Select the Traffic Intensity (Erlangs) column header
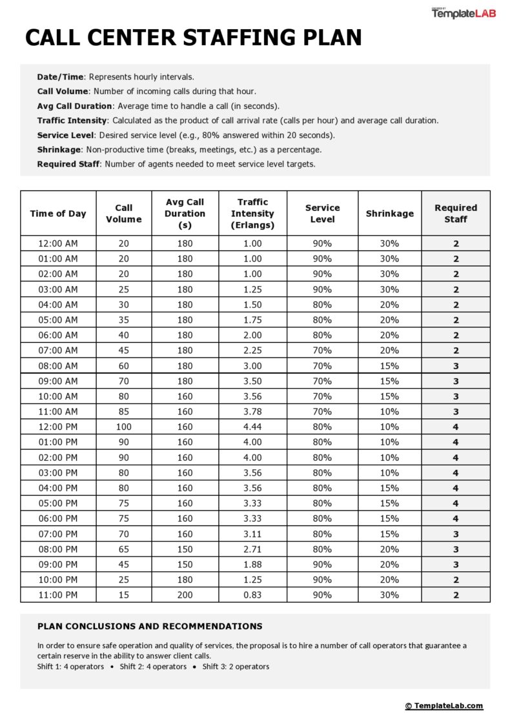[x=252, y=214]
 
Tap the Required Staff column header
[x=455, y=214]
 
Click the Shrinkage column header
[x=389, y=214]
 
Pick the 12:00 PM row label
[x=58, y=427]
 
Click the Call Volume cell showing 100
[x=123, y=427]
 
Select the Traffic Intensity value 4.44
[x=252, y=427]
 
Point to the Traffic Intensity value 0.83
[x=252, y=594]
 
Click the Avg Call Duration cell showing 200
[x=185, y=594]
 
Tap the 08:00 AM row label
[x=58, y=366]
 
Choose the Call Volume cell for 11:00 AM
[x=123, y=411]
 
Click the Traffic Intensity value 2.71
[x=252, y=549]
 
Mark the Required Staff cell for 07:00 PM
[x=455, y=534]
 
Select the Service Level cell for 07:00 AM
[x=321, y=350]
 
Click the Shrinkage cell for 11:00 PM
[x=389, y=594]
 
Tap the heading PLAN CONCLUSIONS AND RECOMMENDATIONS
[x=150, y=626]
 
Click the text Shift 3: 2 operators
[x=236, y=667]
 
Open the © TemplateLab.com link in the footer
[x=444, y=706]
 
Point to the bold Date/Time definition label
[x=60, y=77]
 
